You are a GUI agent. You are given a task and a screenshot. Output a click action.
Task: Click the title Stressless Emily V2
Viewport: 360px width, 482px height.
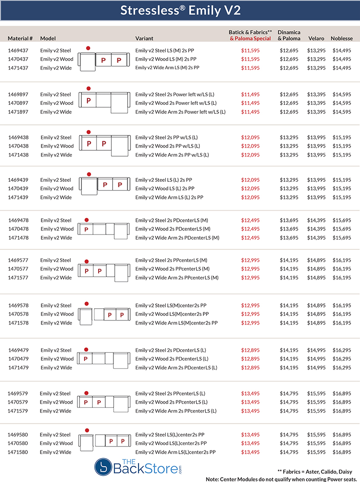point(180,11)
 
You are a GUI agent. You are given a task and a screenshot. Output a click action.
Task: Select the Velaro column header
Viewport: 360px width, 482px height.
point(316,39)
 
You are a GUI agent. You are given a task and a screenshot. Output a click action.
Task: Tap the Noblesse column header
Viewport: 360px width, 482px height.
point(342,39)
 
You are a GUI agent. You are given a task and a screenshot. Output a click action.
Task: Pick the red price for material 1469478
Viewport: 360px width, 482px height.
point(250,221)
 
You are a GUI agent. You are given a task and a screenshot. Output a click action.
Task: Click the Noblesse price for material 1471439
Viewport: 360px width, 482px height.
point(342,198)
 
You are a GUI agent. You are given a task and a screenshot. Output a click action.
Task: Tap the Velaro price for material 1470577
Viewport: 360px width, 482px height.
point(316,269)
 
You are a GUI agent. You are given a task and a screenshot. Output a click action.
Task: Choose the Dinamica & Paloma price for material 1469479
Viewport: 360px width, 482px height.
point(289,350)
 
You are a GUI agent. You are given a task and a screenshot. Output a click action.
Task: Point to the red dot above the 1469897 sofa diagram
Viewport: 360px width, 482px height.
point(88,89)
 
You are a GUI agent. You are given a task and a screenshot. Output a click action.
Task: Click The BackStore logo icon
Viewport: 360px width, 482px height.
point(103,467)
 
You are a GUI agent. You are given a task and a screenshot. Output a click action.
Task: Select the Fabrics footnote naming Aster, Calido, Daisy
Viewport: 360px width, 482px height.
point(318,471)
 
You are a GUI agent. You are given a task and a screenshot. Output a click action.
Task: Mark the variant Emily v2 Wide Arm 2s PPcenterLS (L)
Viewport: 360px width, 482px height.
point(176,411)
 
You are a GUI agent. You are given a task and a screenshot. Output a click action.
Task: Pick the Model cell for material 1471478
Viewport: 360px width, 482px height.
point(56,238)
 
